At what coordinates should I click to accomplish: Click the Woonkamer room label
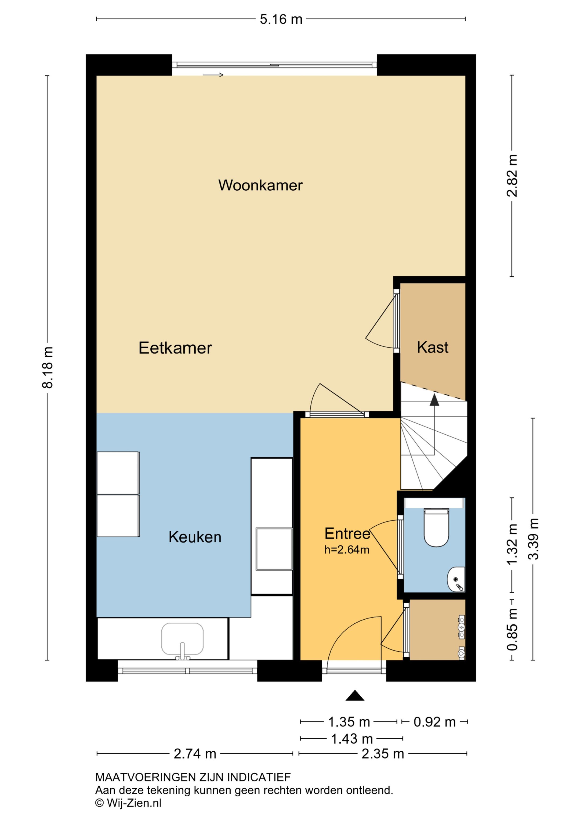coord(260,185)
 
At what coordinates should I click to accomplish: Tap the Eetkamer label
coord(175,348)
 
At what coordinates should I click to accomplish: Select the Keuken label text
coord(195,537)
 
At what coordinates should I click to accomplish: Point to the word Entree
coord(347,534)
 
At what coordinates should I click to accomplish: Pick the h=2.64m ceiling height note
coord(347,549)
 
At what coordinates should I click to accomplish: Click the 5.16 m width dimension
coord(281,19)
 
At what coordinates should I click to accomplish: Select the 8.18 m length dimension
coord(48,367)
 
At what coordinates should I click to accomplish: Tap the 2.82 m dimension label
coord(512,176)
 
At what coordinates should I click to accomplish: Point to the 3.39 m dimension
coord(533,539)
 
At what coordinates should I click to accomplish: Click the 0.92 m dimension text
coord(435,722)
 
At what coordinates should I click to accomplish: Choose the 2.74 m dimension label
coord(195,754)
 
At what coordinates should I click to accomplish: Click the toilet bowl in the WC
coord(436,528)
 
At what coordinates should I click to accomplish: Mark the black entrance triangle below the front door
coord(355,695)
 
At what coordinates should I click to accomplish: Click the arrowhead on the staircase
coord(434,400)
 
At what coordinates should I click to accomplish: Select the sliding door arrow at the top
coord(213,75)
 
